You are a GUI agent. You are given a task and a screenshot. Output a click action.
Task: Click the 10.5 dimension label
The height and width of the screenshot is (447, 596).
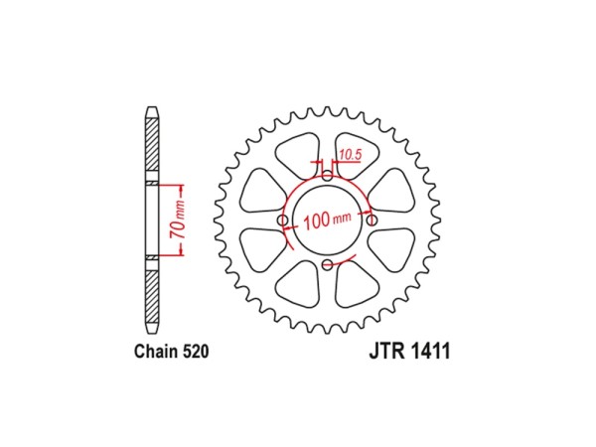pos(350,155)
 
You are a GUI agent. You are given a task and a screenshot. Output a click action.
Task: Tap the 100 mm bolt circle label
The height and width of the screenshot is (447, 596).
pos(327,221)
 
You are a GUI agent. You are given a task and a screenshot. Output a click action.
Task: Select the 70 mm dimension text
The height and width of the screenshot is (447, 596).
pos(178,221)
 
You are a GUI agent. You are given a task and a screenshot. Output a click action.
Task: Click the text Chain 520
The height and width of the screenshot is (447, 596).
pos(172,352)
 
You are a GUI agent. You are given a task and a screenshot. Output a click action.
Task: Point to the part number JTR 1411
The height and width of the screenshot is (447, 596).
pos(409,351)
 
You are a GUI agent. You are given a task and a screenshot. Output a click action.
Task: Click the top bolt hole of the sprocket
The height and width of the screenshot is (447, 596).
pos(327,176)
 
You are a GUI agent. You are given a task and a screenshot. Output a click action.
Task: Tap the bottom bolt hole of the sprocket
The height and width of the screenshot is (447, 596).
pos(327,265)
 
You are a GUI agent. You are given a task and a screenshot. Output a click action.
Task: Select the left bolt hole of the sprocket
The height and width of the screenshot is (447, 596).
pos(283,221)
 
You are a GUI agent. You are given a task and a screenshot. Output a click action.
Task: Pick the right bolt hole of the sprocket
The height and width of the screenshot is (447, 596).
pos(372,221)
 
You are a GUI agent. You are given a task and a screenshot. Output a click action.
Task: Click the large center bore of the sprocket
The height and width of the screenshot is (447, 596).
pos(327,221)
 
